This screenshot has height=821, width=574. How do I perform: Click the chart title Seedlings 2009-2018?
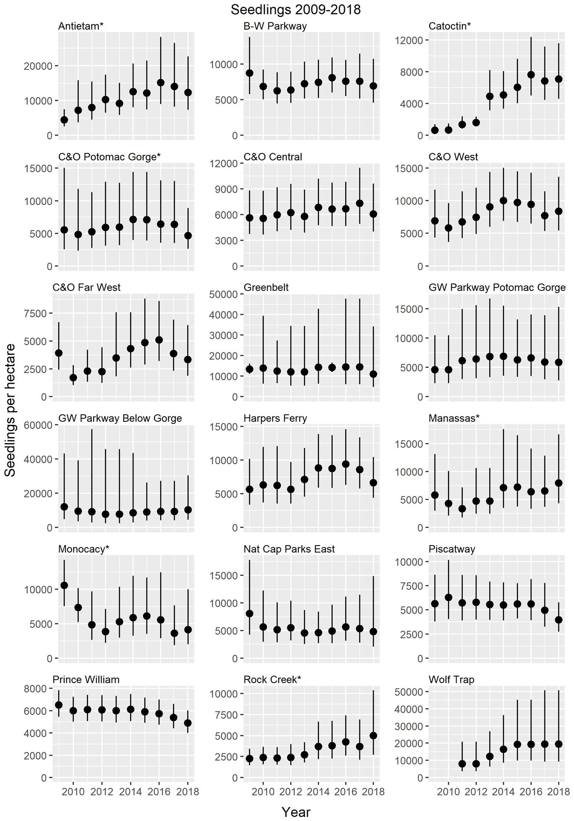295,9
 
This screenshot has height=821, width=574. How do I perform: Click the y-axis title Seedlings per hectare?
10,410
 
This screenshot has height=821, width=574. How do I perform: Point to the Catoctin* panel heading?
449,27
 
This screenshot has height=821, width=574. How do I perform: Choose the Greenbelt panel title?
266,287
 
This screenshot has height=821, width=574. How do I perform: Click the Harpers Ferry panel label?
275,418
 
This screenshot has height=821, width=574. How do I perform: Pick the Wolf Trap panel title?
451,679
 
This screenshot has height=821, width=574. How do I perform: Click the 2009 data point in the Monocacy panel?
64,585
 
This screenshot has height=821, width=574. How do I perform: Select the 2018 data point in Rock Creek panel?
374,736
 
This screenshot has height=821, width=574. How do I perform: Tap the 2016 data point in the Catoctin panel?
531,75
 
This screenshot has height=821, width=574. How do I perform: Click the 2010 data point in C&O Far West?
73,378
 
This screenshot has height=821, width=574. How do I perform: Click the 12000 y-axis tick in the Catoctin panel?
411,40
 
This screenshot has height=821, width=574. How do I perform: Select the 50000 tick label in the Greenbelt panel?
225,294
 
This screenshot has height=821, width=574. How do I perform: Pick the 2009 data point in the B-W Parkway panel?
249,73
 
